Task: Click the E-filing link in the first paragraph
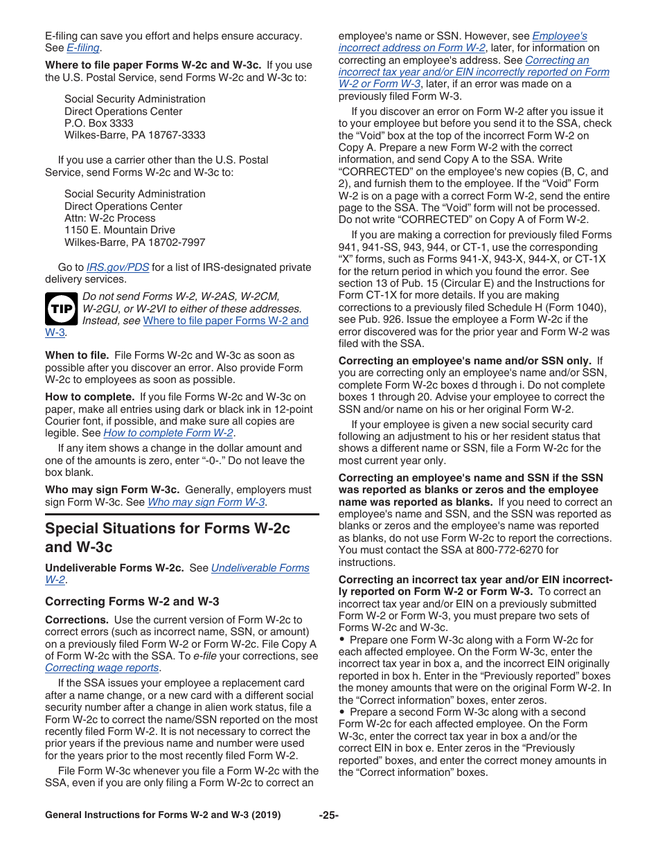pyautogui.click(x=83, y=48)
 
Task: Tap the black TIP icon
pyautogui.click(x=61, y=308)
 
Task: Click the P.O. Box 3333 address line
pyautogui.click(x=99, y=123)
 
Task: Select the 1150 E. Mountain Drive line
pyautogui.click(x=120, y=230)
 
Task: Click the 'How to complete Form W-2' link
pyautogui.click(x=168, y=433)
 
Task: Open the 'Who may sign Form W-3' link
pyautogui.click(x=206, y=502)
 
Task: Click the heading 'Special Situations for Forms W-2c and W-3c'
pyautogui.click(x=168, y=538)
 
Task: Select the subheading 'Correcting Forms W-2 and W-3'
pyautogui.click(x=132, y=601)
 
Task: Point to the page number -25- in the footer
pyautogui.click(x=328, y=815)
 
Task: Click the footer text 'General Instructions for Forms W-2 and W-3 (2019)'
pyautogui.click(x=163, y=815)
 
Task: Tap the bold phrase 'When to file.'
pyautogui.click(x=77, y=355)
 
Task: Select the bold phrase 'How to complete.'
pyautogui.click(x=89, y=397)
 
